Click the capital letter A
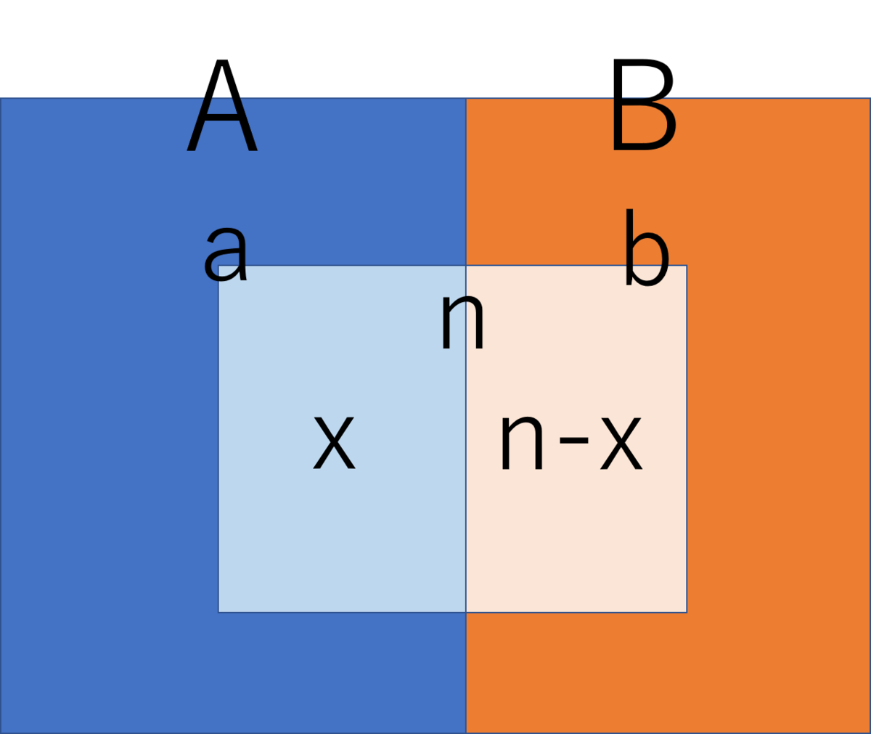tap(222, 105)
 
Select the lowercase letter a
tap(226, 254)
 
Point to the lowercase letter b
tap(647, 247)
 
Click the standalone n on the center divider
tap(462, 321)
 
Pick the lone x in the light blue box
tap(334, 443)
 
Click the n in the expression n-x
tap(522, 443)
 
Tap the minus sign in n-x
tap(573, 440)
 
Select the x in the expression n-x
tap(621, 443)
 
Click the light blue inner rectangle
tap(342, 439)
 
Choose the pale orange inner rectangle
tap(576, 439)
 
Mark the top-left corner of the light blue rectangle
tap(218, 266)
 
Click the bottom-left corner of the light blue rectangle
tap(218, 612)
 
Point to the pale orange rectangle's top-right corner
tap(687, 266)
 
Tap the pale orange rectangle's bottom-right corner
tap(687, 612)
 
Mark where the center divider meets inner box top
tap(466, 266)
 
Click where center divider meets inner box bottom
tap(466, 612)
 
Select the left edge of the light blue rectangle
tap(218, 439)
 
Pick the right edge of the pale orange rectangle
tap(687, 439)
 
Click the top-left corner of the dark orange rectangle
tap(467, 99)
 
